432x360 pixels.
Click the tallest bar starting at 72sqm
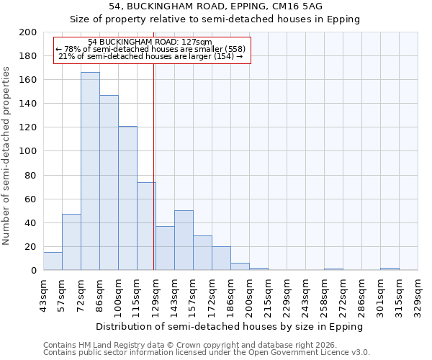click(90, 171)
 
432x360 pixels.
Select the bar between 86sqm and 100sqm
click(109, 183)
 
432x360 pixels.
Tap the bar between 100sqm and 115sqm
click(127, 198)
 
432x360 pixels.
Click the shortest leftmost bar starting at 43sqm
click(53, 261)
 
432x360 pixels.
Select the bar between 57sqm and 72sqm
click(71, 242)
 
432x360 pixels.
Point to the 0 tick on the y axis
click(33, 271)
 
